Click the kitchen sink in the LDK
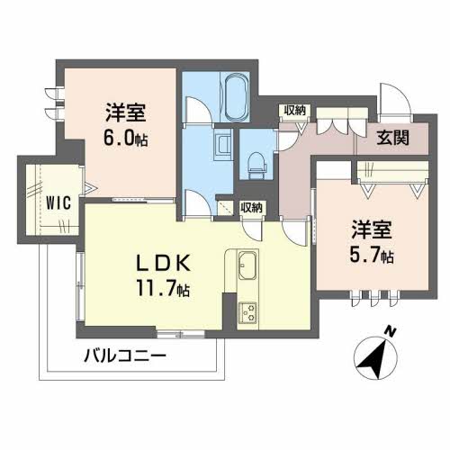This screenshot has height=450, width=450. point(247,267)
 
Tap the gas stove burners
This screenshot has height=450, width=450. point(247,312)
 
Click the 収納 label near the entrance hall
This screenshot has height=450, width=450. point(294,110)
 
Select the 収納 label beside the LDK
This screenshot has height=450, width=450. point(253,206)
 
